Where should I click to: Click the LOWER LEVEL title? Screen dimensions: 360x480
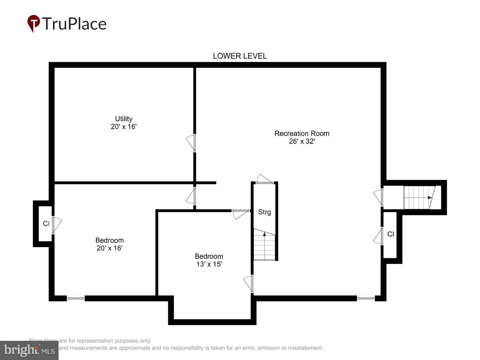[240, 56]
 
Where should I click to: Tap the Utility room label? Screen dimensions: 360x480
[124, 119]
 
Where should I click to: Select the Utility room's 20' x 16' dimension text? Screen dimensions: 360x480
[124, 127]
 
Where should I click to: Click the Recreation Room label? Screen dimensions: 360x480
[302, 133]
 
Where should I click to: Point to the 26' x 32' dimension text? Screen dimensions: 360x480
[302, 141]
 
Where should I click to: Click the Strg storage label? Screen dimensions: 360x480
[264, 212]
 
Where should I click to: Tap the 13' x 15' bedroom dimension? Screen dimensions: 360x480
[209, 264]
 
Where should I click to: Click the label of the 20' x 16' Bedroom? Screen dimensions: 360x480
[109, 240]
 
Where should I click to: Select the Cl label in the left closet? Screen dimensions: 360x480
[46, 223]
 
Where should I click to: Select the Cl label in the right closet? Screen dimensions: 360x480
[390, 234]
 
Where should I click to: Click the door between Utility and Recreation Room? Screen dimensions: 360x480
[191, 143]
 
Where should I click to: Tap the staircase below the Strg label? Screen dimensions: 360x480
[264, 245]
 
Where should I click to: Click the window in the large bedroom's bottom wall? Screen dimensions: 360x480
[76, 298]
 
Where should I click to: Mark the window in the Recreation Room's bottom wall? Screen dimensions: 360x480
[366, 298]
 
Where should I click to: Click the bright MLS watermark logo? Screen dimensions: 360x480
[29, 350]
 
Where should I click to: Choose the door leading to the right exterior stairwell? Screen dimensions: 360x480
[378, 197]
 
